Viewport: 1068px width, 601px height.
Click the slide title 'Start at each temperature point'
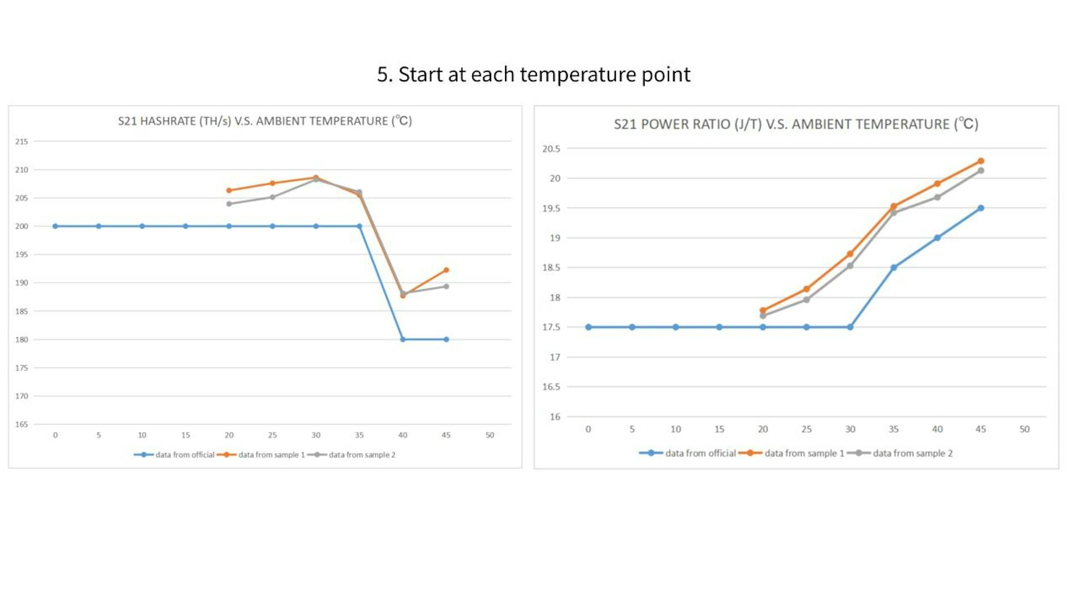coord(533,75)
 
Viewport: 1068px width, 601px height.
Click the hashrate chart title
coord(265,121)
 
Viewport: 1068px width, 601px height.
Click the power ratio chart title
coord(796,124)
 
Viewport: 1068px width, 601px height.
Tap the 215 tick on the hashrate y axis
coord(22,141)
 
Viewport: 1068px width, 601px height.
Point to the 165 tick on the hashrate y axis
coord(22,424)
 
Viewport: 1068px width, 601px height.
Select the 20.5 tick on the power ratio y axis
coord(551,149)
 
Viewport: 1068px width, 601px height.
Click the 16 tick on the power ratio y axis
coord(555,416)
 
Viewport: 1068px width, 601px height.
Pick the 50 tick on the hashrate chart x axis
coord(489,435)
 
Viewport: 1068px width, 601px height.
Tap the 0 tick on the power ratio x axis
coord(588,429)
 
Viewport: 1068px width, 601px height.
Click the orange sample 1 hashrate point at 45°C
coord(446,270)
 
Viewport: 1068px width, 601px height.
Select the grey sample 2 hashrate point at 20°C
coord(229,204)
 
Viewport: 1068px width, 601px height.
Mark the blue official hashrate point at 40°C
coord(403,339)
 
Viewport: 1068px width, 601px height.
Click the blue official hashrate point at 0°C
coord(55,226)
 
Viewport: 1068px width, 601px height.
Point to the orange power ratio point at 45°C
coord(981,161)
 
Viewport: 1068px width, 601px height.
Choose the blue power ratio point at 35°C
coord(893,268)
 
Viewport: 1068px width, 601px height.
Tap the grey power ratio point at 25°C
coord(807,300)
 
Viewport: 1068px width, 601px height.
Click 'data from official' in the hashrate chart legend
coord(184,455)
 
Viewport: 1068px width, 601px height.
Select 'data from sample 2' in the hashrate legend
coord(362,455)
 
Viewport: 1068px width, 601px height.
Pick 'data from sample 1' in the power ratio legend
coord(804,453)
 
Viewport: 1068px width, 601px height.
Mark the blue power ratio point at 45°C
coord(981,208)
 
